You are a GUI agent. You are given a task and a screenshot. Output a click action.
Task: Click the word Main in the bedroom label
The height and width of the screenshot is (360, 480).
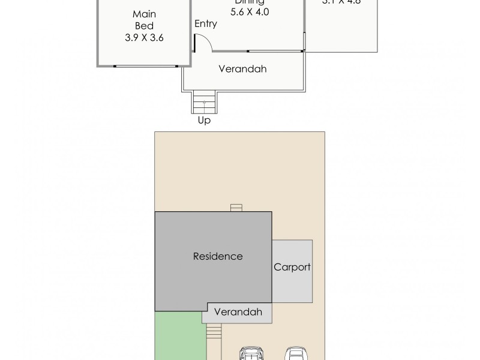(144, 14)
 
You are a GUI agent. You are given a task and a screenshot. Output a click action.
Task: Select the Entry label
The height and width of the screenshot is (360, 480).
(206, 24)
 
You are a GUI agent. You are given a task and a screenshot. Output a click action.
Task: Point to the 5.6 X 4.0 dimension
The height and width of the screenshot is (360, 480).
(249, 11)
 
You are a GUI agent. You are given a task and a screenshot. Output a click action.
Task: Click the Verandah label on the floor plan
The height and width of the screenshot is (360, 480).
(242, 69)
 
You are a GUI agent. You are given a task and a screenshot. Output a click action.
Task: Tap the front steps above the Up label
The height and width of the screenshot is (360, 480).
(204, 102)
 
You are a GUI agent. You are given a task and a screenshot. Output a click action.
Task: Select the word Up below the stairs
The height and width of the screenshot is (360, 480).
(204, 120)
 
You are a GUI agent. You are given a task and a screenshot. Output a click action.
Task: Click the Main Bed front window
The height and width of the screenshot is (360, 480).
(146, 65)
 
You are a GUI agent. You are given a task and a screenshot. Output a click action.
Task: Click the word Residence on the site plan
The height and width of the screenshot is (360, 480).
(218, 256)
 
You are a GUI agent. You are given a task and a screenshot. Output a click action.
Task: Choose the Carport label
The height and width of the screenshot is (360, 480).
(292, 267)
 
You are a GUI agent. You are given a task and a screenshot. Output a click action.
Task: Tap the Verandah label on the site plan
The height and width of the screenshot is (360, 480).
(238, 312)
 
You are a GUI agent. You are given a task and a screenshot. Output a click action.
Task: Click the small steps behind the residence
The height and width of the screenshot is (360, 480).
(236, 208)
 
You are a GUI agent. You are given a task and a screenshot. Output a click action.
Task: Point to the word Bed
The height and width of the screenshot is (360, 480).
(144, 26)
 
